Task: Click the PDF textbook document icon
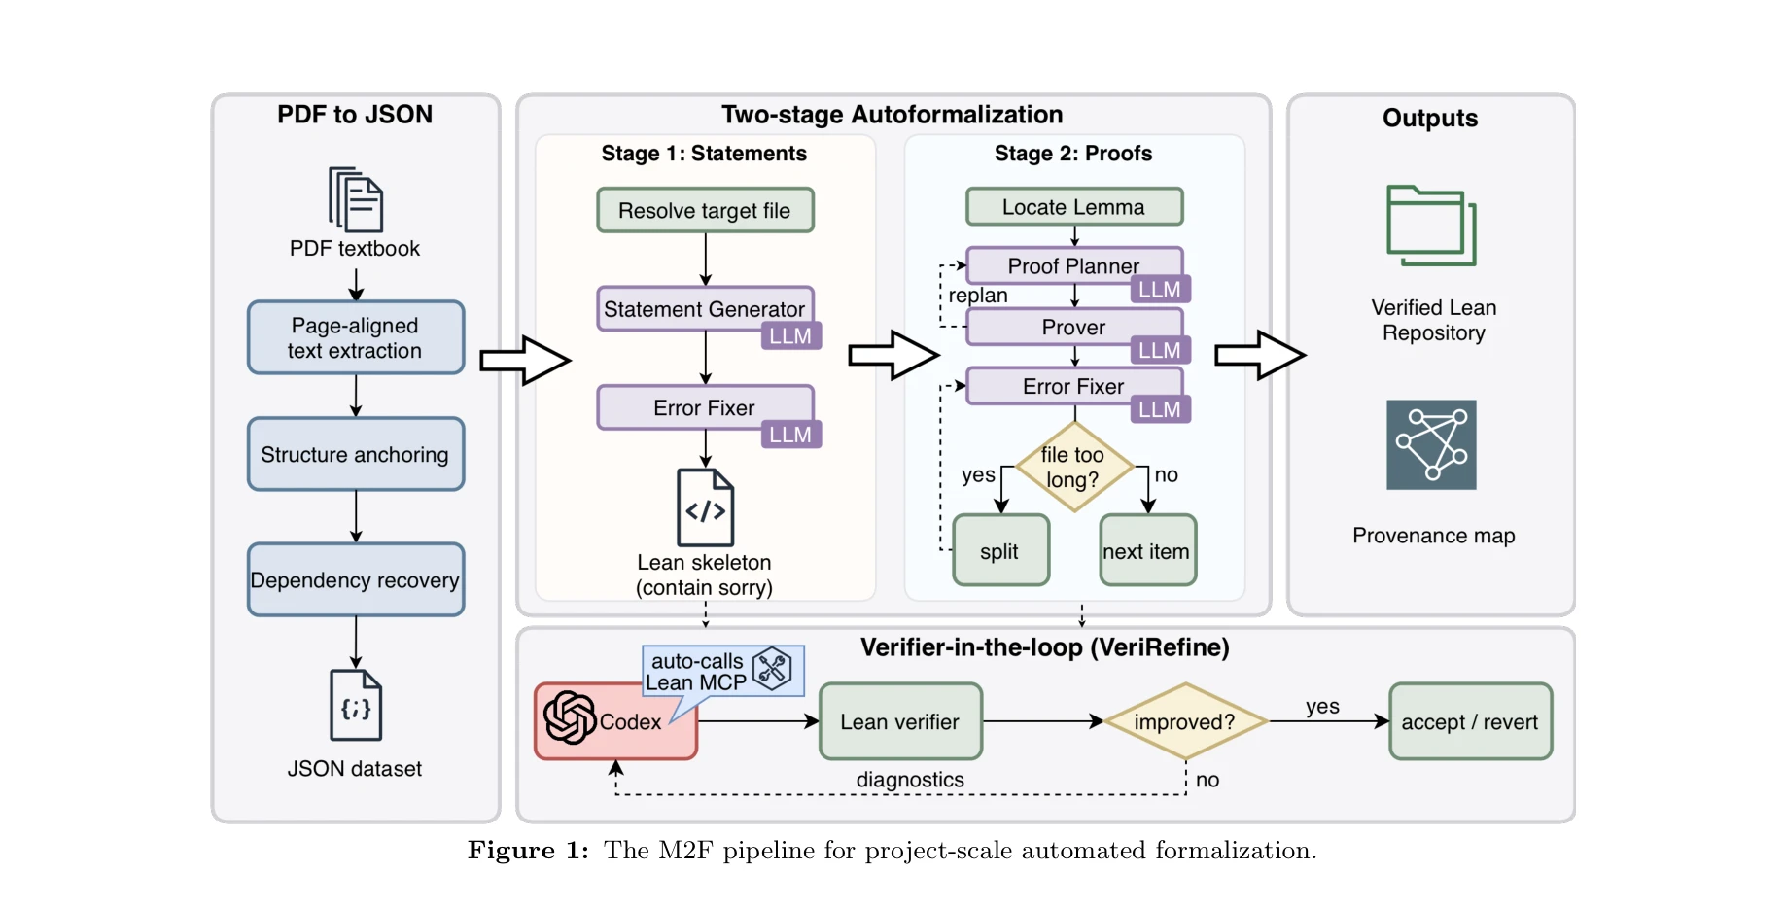[x=355, y=199]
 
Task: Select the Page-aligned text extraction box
[x=355, y=337]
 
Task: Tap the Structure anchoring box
[x=355, y=454]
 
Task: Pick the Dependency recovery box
[x=355, y=579]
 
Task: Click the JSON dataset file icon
[x=355, y=706]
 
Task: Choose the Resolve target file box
[x=705, y=210]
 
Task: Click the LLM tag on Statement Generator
[x=790, y=336]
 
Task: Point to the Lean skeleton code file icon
[x=705, y=507]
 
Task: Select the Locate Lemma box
[x=1073, y=207]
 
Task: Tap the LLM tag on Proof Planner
[x=1160, y=290]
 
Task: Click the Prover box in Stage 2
[x=1073, y=327]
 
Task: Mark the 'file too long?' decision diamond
[x=1073, y=468]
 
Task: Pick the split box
[x=1000, y=550]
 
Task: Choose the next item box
[x=1147, y=550]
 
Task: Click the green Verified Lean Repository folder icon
[x=1431, y=226]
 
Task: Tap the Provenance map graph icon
[x=1431, y=445]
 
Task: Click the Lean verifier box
[x=900, y=721]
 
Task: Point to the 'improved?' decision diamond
[x=1184, y=721]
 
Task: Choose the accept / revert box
[x=1470, y=721]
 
